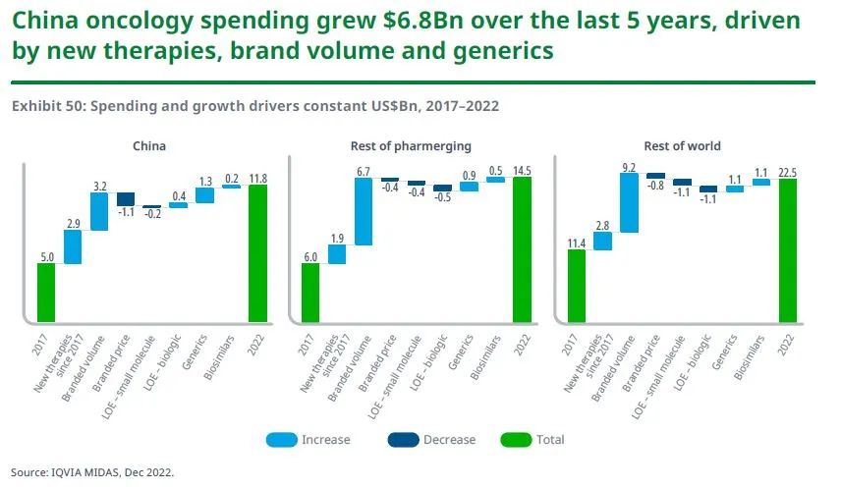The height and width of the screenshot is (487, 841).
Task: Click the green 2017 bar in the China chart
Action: [46, 292]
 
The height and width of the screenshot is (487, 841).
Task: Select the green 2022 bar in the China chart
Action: [257, 252]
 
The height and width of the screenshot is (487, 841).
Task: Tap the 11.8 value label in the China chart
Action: [257, 178]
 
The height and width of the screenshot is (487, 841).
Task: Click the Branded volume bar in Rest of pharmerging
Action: [364, 210]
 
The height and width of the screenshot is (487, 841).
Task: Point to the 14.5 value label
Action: [522, 170]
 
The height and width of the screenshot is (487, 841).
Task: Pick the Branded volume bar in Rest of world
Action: [630, 203]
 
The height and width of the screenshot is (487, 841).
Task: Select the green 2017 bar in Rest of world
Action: [577, 285]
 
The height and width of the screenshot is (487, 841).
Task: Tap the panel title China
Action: [149, 146]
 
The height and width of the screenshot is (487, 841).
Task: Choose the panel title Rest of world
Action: [682, 146]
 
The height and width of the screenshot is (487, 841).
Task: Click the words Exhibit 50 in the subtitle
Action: [47, 106]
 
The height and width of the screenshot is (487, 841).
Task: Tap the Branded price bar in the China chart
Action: [126, 198]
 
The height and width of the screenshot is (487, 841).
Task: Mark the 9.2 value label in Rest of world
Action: [630, 167]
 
